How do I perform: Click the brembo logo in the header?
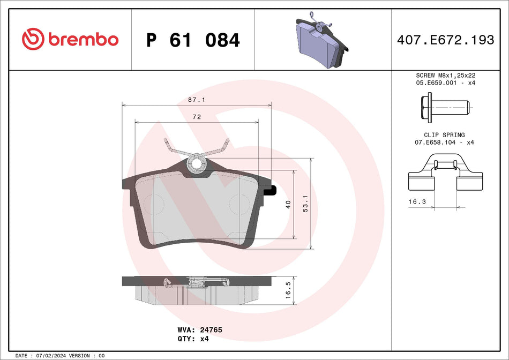[x=70, y=39]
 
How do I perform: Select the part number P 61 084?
[x=193, y=40]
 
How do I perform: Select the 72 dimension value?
[x=197, y=117]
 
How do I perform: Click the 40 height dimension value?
[x=288, y=204]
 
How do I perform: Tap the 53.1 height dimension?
[x=305, y=204]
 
